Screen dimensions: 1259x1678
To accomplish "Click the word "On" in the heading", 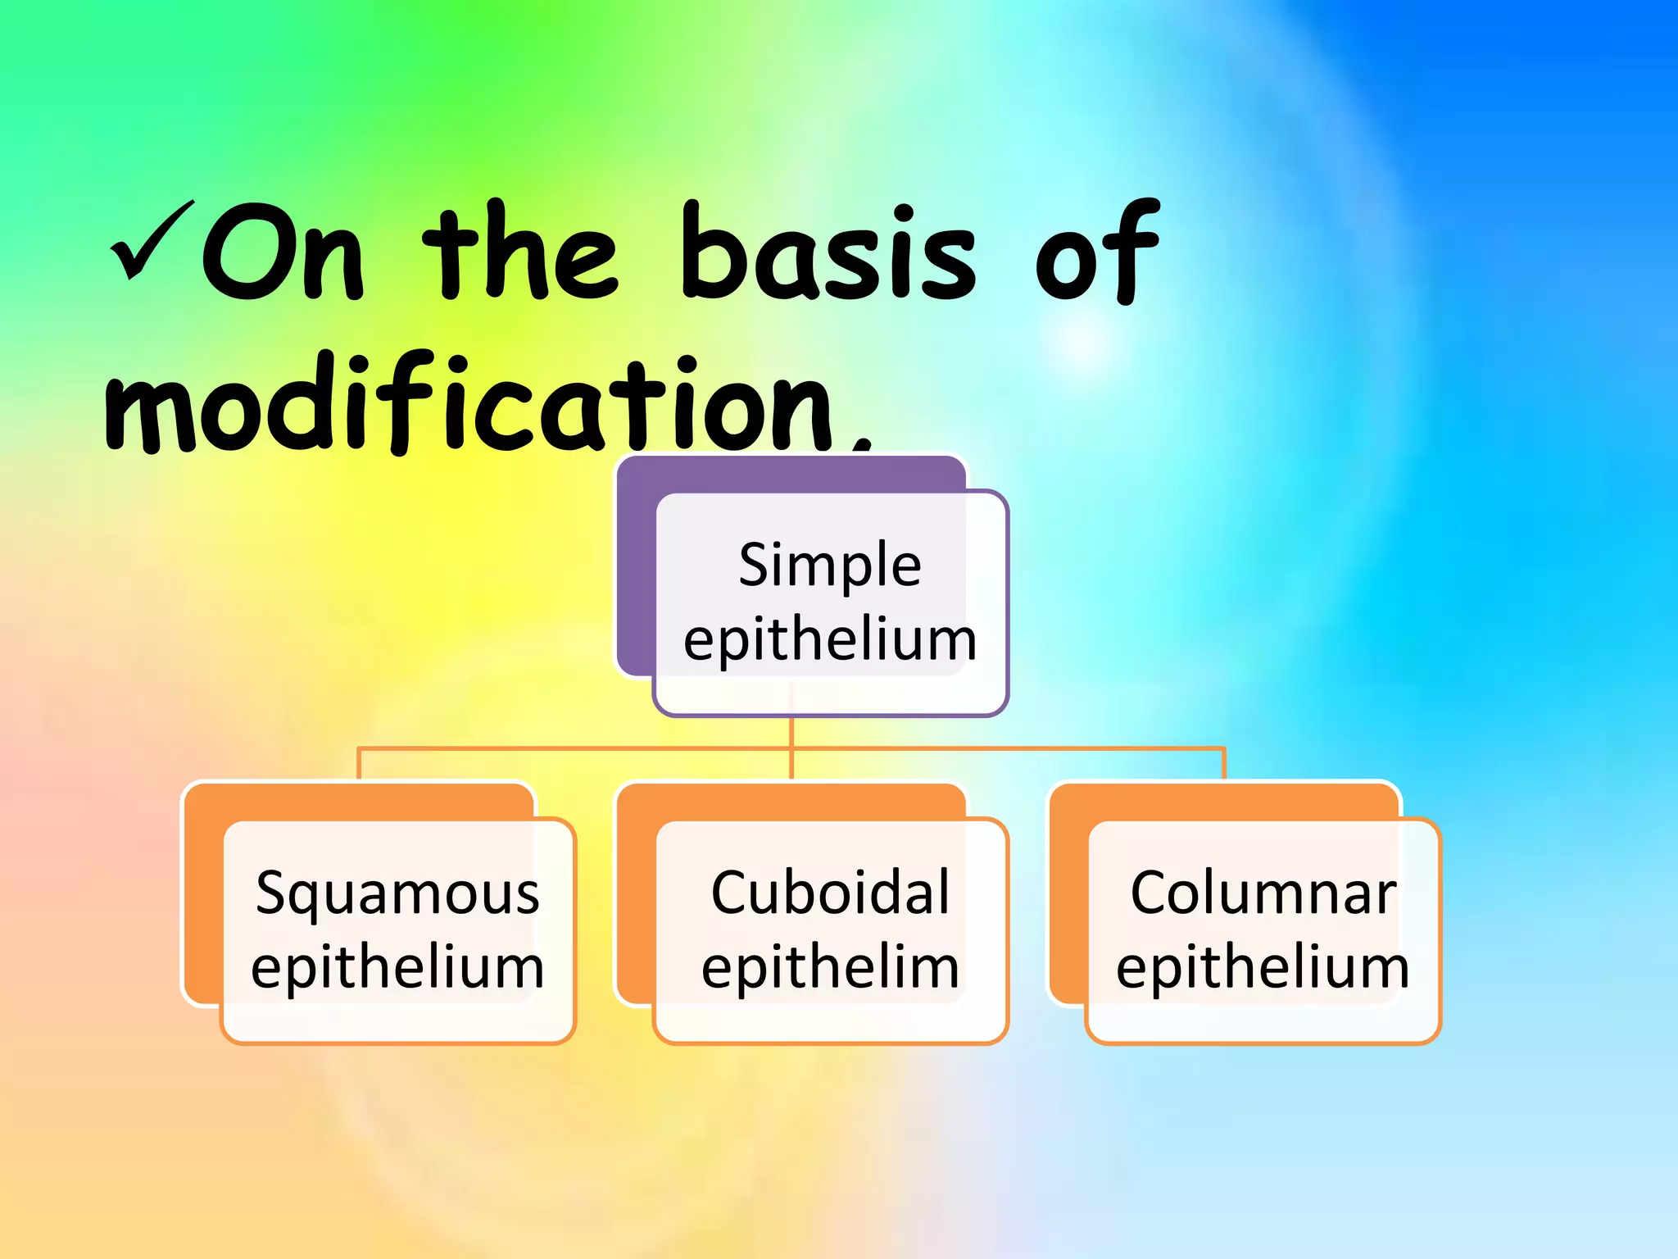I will click(x=283, y=252).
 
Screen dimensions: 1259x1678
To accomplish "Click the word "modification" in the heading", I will click(x=471, y=403).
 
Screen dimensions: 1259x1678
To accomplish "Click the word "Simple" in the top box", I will click(x=830, y=565).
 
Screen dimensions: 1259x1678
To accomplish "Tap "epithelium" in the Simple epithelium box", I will click(x=830, y=640).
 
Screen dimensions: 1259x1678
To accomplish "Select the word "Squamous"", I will click(x=397, y=893).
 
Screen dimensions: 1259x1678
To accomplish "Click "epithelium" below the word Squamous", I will click(x=397, y=968).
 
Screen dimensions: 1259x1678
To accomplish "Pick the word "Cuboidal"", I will click(x=830, y=893).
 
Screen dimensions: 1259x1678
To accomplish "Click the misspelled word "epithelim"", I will click(x=830, y=968).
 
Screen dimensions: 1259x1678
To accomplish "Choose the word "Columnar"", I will click(x=1263, y=893).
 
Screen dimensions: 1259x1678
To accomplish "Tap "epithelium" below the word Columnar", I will click(x=1263, y=968).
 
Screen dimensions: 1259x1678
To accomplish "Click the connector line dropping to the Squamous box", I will click(x=359, y=763).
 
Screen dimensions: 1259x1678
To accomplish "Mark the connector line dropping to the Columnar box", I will click(x=1224, y=763).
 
